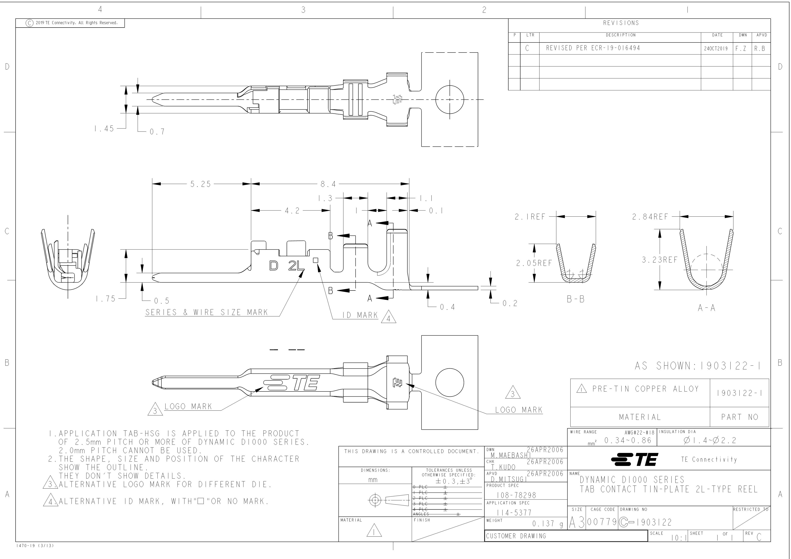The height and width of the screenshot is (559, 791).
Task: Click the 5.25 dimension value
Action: (x=201, y=184)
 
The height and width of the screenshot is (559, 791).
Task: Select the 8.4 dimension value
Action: (x=328, y=184)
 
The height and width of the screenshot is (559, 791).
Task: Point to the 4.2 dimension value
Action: (x=292, y=211)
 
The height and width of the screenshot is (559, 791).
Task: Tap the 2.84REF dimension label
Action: (x=650, y=217)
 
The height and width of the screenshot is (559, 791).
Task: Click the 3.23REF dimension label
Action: (x=659, y=260)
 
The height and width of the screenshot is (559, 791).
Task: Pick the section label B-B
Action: (x=576, y=299)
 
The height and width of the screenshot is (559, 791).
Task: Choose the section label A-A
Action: (x=707, y=308)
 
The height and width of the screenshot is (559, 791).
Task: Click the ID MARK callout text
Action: (x=360, y=315)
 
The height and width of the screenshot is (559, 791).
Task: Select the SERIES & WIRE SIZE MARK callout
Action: (x=206, y=312)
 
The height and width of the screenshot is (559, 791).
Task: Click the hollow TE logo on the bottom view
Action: (x=292, y=382)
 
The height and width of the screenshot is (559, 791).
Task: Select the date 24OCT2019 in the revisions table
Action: (x=717, y=49)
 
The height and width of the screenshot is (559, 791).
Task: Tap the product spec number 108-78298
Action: (x=516, y=495)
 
